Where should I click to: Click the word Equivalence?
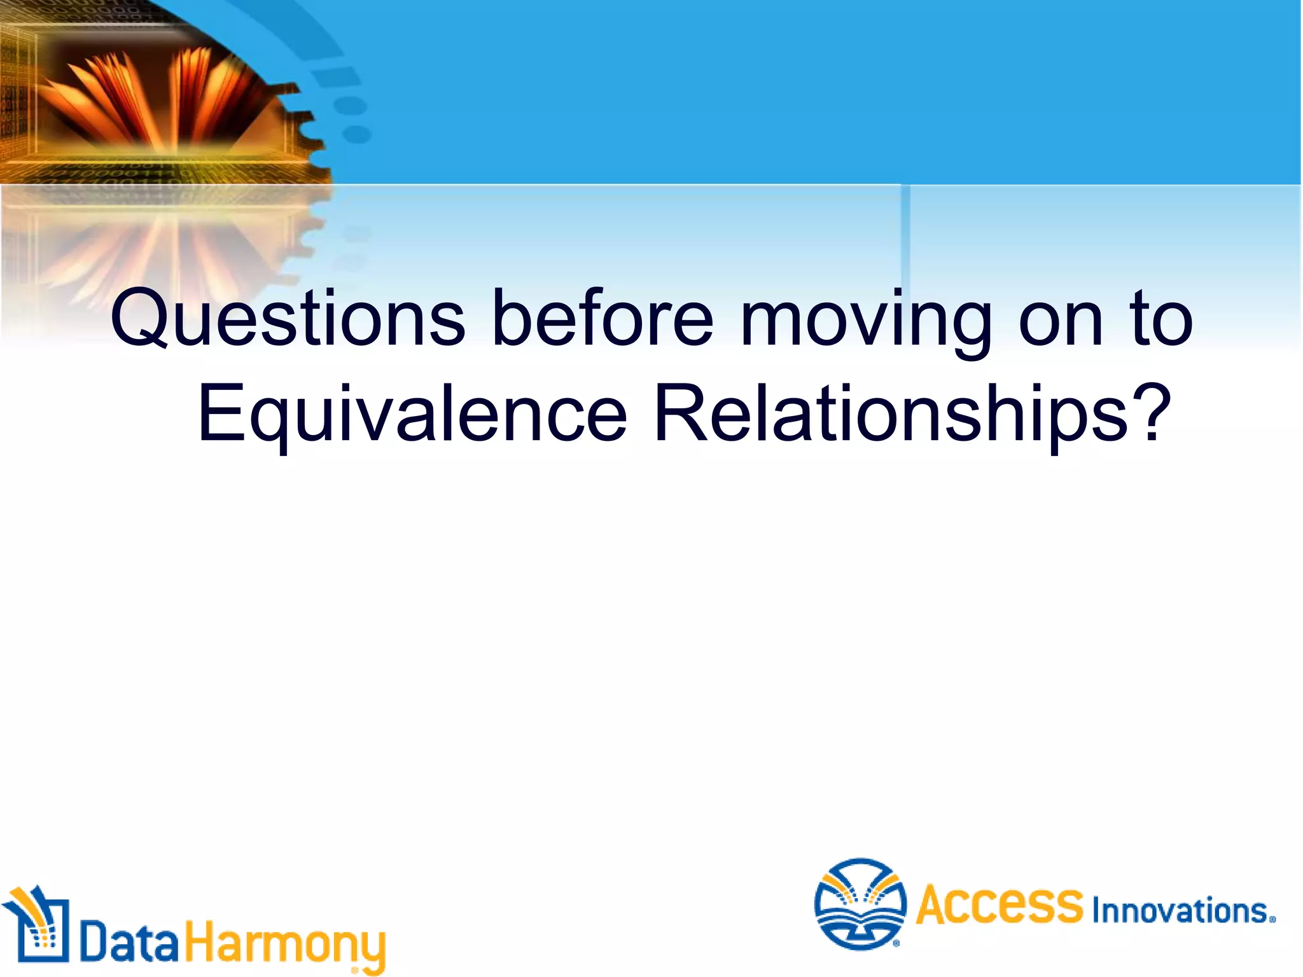pos(412,413)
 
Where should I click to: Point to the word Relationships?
pos(891,413)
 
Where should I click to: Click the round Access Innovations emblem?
pos(860,903)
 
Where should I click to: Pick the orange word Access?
pos(999,904)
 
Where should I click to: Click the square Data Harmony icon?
pos(36,925)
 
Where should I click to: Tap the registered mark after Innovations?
pos(1272,919)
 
